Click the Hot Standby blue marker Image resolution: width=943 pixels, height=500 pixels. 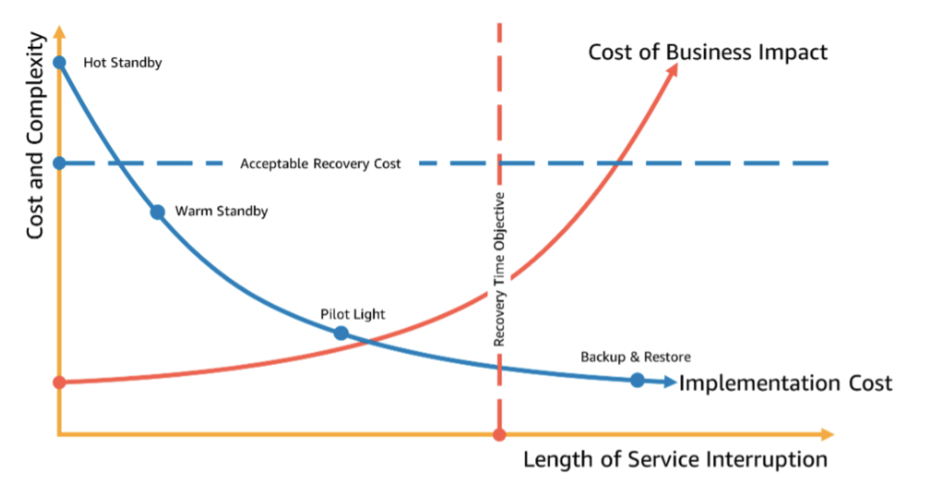click(59, 62)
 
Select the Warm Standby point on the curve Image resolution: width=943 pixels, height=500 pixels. click(157, 212)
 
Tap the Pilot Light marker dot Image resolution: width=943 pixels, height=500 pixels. click(341, 333)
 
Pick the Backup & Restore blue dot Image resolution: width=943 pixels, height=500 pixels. click(637, 380)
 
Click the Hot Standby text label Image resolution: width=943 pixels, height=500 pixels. click(123, 62)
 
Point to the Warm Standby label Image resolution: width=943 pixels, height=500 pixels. click(221, 211)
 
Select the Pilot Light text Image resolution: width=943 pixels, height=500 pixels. click(352, 314)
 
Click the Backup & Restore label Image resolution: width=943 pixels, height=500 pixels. click(635, 357)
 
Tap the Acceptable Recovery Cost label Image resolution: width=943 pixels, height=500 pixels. click(320, 163)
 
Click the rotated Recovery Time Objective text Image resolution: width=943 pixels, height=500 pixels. click(499, 269)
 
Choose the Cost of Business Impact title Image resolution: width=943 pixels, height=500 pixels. click(707, 52)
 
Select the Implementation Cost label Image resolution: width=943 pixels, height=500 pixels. click(785, 383)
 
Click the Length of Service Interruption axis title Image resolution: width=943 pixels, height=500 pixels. click(675, 459)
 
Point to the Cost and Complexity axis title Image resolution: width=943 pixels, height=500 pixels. click(35, 136)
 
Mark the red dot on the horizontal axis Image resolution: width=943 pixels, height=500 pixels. click(499, 435)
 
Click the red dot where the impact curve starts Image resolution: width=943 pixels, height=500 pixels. click(59, 382)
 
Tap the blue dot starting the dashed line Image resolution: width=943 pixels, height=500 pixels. click(59, 163)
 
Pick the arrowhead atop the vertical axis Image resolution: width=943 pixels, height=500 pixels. click(59, 32)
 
